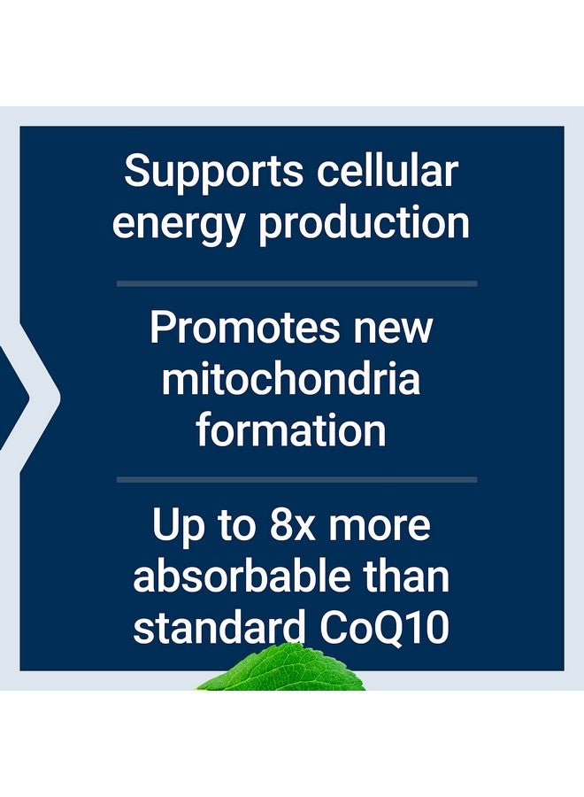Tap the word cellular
pos(389,170)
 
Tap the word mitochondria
pos(291,379)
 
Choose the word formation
pos(291,431)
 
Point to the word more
pos(382,526)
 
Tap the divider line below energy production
pos(296,283)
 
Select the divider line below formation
pos(296,479)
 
